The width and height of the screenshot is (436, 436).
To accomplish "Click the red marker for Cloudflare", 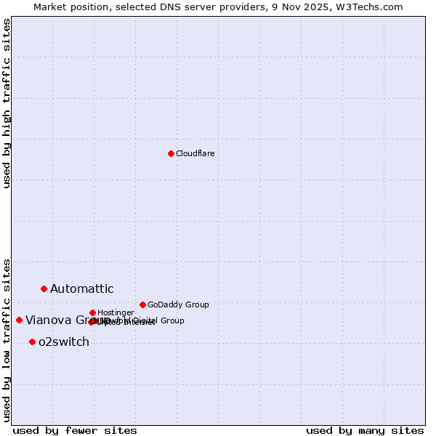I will (171, 153).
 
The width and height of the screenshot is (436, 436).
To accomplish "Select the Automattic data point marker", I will (44, 288).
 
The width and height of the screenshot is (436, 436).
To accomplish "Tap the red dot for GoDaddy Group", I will (142, 304).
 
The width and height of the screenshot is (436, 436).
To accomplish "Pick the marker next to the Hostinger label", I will (92, 312).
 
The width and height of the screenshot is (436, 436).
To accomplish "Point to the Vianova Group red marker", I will (19, 320).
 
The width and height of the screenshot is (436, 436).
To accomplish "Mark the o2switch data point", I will (32, 342).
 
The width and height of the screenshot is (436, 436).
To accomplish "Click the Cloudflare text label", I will (195, 153).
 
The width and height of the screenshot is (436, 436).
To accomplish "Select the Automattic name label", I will (81, 289).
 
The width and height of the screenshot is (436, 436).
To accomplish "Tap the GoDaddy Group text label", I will (178, 304).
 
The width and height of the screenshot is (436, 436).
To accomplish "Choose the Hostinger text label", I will (116, 312).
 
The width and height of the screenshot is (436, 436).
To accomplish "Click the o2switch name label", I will (64, 342).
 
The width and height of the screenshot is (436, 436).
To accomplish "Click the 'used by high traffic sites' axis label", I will (7, 104).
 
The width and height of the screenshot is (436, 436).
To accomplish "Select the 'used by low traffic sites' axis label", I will (7, 339).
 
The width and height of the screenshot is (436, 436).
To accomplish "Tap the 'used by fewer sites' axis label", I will (75, 430).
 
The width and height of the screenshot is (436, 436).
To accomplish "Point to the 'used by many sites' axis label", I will (365, 430).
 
